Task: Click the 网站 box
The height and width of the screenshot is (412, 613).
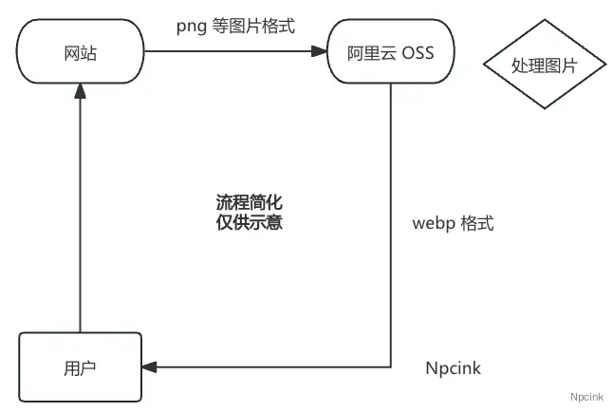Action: coord(80,53)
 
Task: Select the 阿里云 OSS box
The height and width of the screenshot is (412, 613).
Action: coord(392,53)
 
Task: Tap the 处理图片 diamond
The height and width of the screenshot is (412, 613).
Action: coord(544,66)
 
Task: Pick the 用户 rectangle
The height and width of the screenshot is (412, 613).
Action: coord(80,365)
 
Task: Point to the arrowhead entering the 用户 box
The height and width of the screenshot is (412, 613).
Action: coord(148,365)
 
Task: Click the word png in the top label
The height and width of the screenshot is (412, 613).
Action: coord(191,26)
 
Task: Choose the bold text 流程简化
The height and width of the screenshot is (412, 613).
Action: coord(250,203)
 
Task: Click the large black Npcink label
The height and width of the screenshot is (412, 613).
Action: coord(453,367)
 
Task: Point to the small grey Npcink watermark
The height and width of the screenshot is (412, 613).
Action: coord(588,396)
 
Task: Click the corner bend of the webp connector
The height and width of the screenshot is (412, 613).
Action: coord(392,365)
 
